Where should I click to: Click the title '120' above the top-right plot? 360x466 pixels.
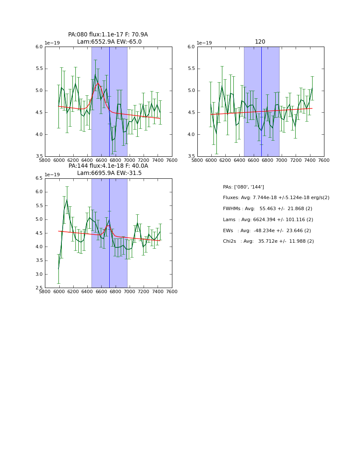260,42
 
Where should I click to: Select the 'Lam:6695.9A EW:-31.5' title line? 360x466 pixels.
109,173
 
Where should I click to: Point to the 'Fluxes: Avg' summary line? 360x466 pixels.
276,198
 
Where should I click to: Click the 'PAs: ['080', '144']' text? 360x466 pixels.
243,187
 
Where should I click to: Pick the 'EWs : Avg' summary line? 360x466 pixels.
267,230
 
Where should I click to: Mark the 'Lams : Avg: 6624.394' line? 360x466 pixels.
268,220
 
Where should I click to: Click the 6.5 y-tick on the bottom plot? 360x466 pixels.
39,178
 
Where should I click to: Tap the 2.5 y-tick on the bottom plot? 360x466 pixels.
39,288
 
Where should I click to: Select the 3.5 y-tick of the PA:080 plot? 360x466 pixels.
39,156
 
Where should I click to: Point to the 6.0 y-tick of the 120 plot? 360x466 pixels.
191,47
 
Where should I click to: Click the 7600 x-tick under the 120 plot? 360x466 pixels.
324,160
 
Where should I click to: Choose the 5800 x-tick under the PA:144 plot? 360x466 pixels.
45,291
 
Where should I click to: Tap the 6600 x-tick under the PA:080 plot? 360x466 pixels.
101,160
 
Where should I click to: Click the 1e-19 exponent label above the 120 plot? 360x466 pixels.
204,43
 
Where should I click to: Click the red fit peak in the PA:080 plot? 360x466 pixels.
98,83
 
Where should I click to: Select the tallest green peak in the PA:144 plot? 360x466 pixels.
66,200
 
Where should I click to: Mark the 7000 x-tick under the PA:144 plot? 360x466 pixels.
129,291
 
